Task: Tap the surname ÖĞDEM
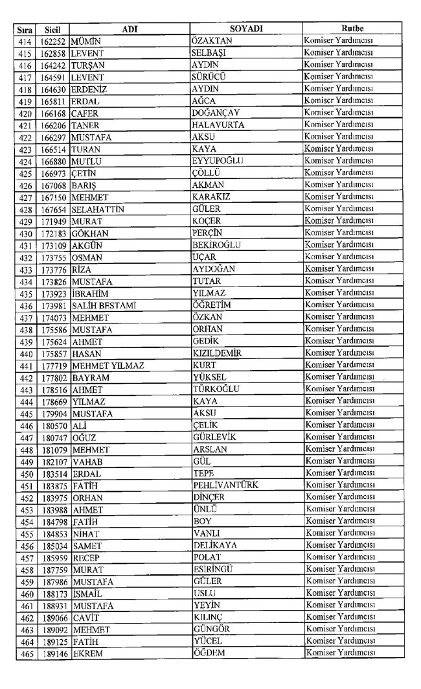(x=210, y=652)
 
